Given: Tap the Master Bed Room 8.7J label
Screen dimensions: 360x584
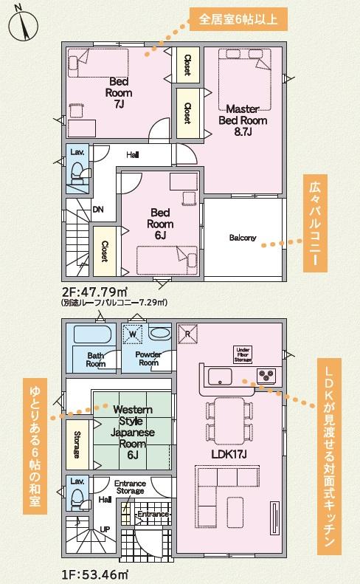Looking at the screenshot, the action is (243, 120).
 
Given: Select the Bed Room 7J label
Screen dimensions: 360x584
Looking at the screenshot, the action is (119, 93).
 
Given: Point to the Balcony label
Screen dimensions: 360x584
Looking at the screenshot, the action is (243, 238).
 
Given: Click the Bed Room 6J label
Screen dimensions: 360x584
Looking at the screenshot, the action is (160, 224).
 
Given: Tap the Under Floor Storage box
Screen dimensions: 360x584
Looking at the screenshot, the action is (243, 354).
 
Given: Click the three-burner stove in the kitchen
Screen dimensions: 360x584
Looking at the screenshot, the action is (266, 374).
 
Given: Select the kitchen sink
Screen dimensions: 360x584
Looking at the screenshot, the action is (220, 377).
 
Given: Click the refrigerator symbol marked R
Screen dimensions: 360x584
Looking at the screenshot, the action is (187, 334).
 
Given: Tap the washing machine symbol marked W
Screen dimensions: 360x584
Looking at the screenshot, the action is (133, 334).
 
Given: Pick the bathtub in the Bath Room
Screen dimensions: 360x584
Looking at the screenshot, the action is (92, 334).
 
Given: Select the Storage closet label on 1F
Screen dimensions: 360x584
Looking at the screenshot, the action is (77, 444).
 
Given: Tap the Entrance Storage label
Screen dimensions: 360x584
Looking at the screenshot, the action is (130, 487).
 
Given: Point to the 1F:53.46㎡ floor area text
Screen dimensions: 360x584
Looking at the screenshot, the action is (95, 574).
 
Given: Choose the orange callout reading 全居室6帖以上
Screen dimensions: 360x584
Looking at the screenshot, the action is (238, 19).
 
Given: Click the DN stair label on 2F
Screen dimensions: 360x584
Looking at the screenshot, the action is (98, 210).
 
